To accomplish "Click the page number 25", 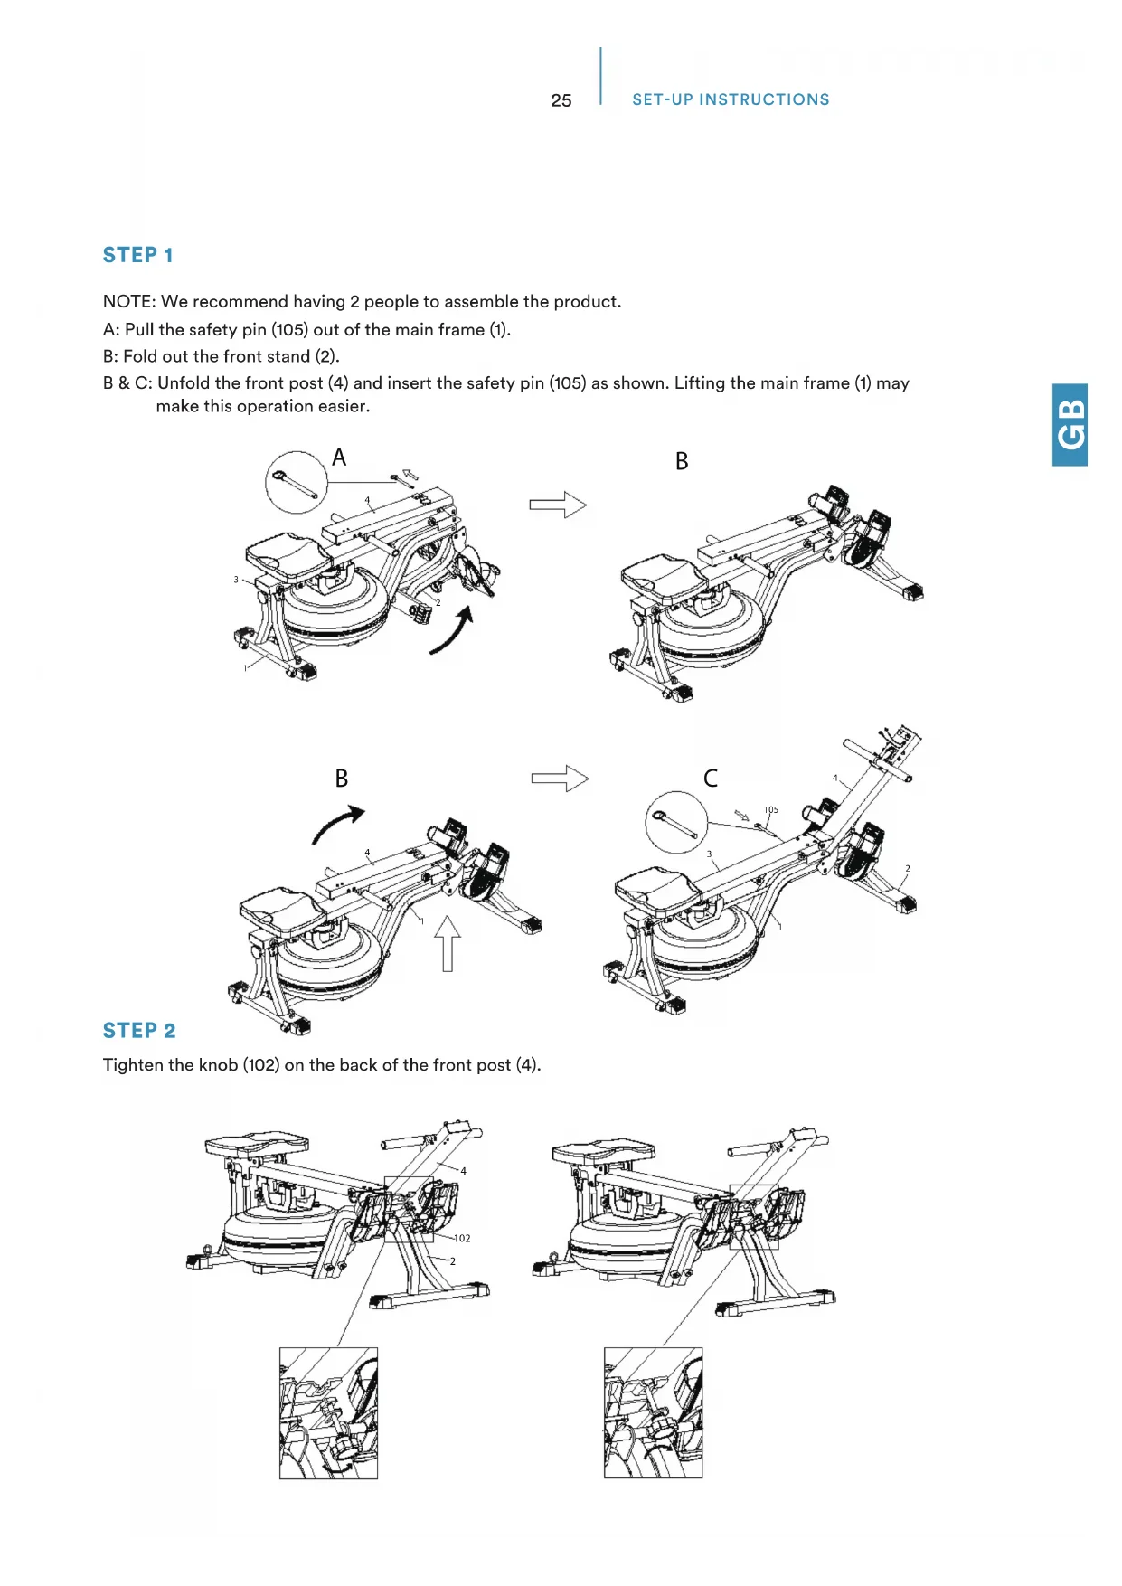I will pyautogui.click(x=561, y=100).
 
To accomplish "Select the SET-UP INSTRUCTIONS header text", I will pyautogui.click(x=731, y=99).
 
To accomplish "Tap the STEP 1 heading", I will pyautogui.click(x=137, y=255).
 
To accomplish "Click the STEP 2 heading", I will pyautogui.click(x=139, y=1031).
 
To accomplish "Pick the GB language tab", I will pyautogui.click(x=1070, y=425).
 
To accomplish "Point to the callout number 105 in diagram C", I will pyautogui.click(x=770, y=810).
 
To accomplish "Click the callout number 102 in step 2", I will pyautogui.click(x=462, y=1239).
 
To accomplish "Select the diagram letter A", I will pyautogui.click(x=339, y=458).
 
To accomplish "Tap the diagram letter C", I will pyautogui.click(x=711, y=779).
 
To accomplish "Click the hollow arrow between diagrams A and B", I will pyautogui.click(x=558, y=505).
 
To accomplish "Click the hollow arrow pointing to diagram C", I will pyautogui.click(x=560, y=779).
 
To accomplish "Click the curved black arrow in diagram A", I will pyautogui.click(x=453, y=630).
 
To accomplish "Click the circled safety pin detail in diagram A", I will pyautogui.click(x=297, y=483).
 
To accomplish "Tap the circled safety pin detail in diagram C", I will pyautogui.click(x=676, y=822).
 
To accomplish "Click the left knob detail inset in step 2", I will pyautogui.click(x=328, y=1412).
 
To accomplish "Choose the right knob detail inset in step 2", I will pyautogui.click(x=653, y=1412).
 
